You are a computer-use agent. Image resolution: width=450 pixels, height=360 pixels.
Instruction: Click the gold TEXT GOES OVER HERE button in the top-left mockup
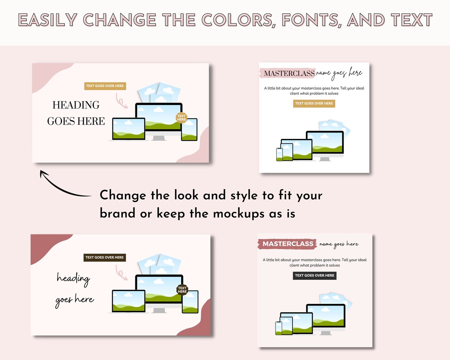[105, 86]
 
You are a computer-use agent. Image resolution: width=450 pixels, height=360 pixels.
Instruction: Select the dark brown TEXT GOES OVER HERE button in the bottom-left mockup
[105, 257]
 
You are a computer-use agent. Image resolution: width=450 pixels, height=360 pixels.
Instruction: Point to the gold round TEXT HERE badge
[182, 117]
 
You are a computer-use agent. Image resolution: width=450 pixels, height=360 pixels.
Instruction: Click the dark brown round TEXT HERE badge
[182, 290]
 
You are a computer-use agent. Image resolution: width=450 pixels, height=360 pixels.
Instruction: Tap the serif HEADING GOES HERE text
[76, 113]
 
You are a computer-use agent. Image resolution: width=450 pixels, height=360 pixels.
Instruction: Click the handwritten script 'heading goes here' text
[74, 289]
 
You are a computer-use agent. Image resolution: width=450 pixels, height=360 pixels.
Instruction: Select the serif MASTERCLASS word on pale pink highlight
[289, 73]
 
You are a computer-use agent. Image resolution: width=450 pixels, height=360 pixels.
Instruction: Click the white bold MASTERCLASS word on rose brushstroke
[288, 244]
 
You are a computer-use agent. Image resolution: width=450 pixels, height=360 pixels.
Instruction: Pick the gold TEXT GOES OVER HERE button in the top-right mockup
[314, 103]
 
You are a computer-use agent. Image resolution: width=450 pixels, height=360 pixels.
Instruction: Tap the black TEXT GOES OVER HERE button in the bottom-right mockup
[315, 276]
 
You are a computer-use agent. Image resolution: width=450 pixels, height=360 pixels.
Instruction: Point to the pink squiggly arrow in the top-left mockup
[122, 101]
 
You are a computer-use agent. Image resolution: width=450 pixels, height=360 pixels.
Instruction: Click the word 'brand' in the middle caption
[118, 214]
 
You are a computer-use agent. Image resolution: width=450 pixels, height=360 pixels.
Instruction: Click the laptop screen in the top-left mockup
[129, 129]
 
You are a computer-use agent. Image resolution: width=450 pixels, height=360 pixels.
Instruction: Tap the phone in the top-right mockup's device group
[279, 154]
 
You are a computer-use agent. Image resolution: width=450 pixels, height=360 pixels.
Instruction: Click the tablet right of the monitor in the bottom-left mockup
[190, 302]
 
